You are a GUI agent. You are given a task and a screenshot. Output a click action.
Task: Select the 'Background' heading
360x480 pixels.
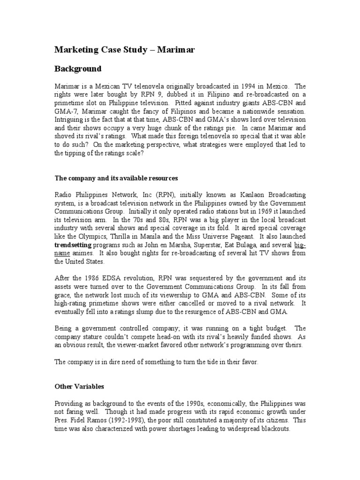tap(78, 69)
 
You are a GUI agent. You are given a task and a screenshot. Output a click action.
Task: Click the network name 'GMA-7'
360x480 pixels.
tap(65, 112)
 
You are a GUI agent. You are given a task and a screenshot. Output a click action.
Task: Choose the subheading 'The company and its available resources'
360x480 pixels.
tap(116, 179)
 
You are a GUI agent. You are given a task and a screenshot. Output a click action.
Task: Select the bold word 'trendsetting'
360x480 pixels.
tap(73, 245)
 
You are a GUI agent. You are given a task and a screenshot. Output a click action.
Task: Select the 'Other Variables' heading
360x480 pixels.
tap(80, 387)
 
